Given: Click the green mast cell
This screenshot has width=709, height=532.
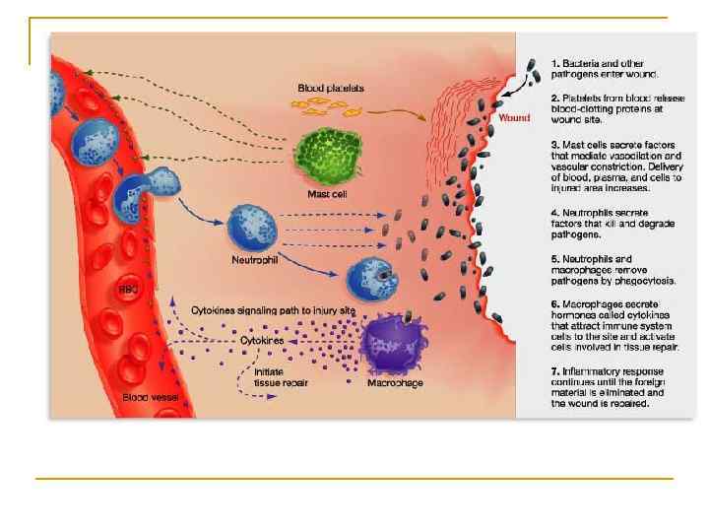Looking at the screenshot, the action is (329, 154).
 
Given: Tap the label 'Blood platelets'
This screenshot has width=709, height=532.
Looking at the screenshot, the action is (331, 88).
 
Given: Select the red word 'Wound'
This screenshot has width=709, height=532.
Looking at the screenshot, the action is (514, 117).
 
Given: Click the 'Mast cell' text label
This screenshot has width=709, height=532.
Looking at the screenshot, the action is (328, 194).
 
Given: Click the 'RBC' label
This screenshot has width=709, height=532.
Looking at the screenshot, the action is (129, 290).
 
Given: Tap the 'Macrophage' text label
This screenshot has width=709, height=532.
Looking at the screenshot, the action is (395, 382).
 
